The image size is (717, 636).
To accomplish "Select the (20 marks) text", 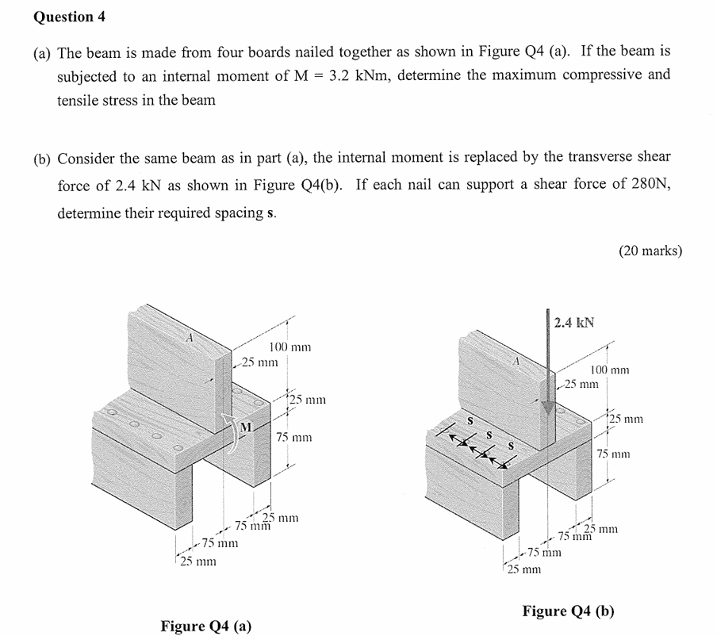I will (x=649, y=251).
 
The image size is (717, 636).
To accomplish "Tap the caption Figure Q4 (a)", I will (x=205, y=626).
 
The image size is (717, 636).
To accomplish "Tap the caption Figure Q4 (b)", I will (x=567, y=611).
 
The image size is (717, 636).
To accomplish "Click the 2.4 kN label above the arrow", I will (x=574, y=323).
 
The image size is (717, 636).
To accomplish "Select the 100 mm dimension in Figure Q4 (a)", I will (x=289, y=347).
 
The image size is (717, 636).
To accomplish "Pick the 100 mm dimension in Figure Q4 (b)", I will (x=610, y=370).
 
